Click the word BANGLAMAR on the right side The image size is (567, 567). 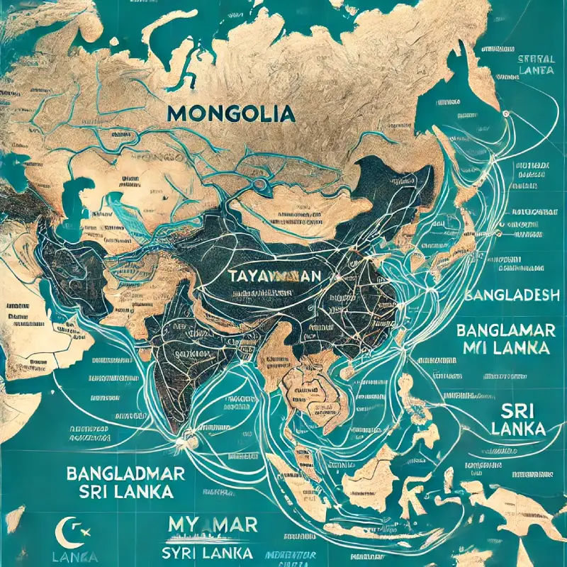505,330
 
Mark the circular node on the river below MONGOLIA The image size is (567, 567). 261,184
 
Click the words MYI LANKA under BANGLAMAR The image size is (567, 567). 505,349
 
